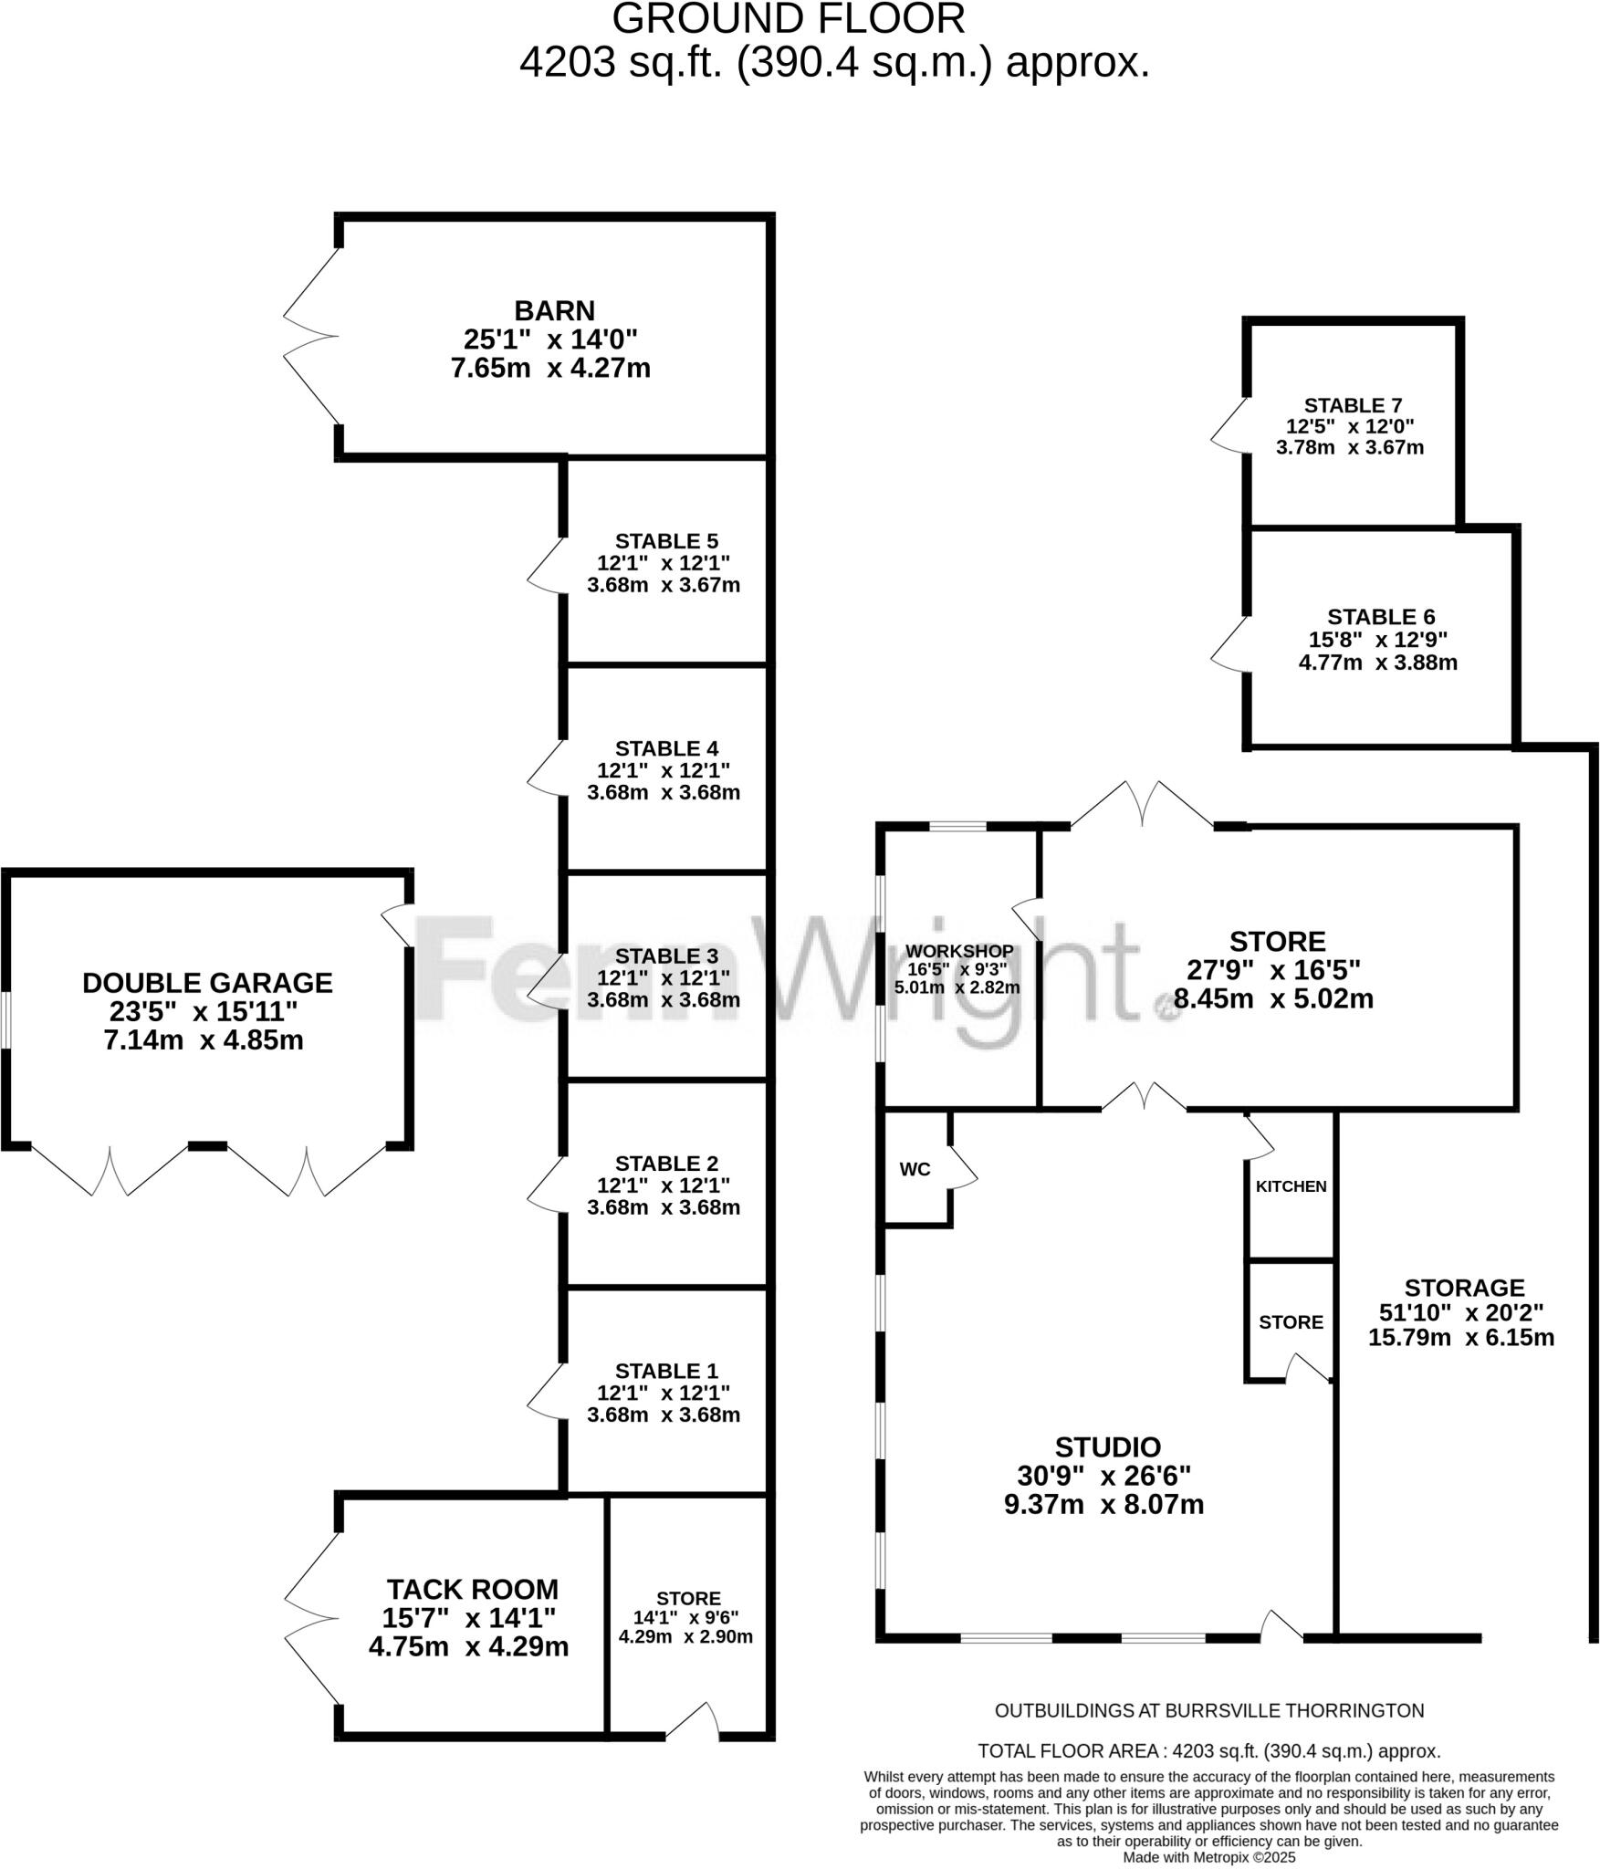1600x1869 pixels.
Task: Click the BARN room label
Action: (554, 311)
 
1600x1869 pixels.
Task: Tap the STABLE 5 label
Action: (666, 541)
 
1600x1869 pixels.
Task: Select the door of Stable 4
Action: (546, 767)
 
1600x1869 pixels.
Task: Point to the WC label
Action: (915, 1170)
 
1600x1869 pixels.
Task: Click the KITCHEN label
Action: (1291, 1186)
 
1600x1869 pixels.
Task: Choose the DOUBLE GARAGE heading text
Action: (207, 983)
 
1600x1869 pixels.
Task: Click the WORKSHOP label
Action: (958, 951)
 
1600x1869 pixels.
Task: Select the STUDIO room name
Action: (1107, 1447)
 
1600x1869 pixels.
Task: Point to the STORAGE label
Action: (1464, 1288)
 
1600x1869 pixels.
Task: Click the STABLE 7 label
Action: (1353, 405)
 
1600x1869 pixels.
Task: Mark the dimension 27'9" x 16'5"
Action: (1273, 970)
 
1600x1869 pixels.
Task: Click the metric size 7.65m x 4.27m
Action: (550, 369)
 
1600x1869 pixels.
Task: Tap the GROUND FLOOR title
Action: (788, 19)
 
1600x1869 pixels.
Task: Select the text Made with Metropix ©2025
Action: (1208, 1857)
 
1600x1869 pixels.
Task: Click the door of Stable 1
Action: (546, 1391)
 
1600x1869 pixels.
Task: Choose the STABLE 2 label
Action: (666, 1164)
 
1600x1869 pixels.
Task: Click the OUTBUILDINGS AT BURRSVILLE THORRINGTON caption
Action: (1208, 1711)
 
